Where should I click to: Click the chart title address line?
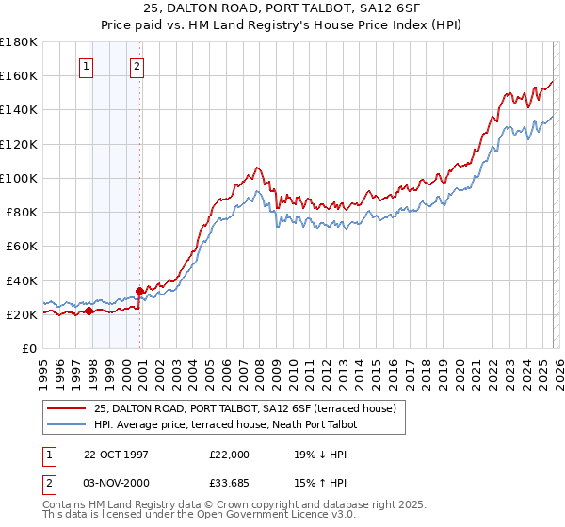coord(282,9)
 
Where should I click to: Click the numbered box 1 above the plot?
coord(86,66)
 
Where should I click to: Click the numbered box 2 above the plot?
coord(137,66)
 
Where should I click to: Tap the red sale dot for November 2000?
coord(139,291)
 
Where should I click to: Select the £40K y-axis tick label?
coord(22,280)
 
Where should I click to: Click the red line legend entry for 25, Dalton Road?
coord(245,408)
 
